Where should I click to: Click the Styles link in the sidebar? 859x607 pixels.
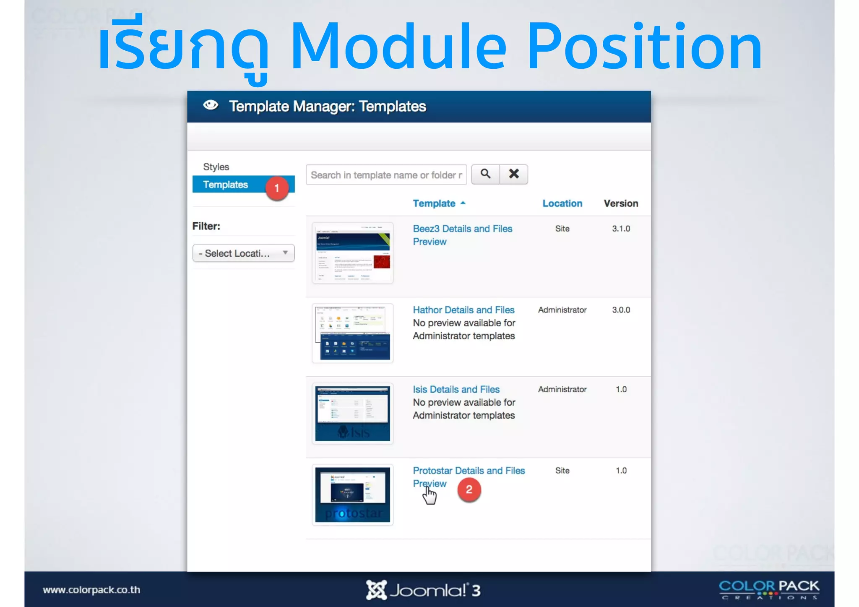click(216, 167)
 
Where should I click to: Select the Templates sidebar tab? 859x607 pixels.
click(226, 185)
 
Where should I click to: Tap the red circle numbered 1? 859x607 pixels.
click(277, 188)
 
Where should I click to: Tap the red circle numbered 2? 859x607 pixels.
click(469, 490)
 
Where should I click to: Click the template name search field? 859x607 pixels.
click(386, 175)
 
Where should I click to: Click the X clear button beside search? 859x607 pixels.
click(514, 174)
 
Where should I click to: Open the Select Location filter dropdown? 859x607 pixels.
click(243, 253)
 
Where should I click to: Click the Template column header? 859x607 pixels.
click(434, 203)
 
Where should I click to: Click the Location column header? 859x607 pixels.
click(562, 203)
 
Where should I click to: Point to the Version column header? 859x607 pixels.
click(621, 203)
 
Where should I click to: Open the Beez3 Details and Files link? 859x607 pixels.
click(462, 229)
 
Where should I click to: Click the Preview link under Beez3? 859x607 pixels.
click(429, 242)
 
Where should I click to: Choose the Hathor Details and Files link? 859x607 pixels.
click(463, 310)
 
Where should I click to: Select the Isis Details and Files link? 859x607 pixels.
click(456, 389)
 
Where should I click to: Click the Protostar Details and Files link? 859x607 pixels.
click(469, 471)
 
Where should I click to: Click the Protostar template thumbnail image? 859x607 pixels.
click(352, 495)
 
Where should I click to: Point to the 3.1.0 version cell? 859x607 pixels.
click(621, 229)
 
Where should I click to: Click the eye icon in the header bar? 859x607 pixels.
click(211, 105)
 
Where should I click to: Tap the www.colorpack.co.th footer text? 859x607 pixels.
click(91, 590)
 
